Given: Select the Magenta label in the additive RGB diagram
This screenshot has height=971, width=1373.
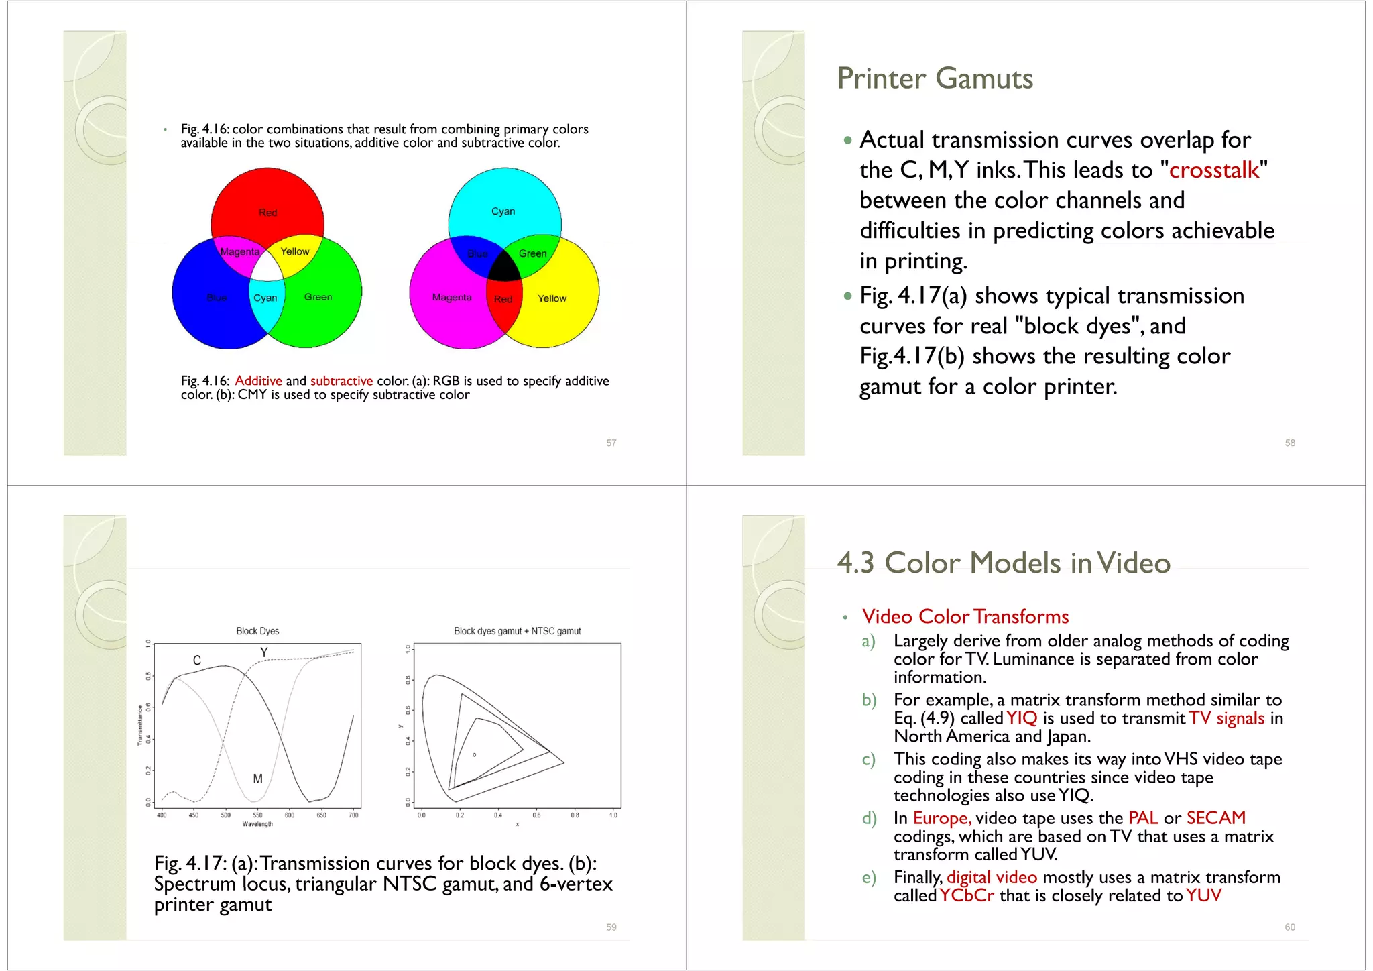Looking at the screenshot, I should [239, 252].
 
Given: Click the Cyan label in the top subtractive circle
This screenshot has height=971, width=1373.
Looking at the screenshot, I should [503, 211].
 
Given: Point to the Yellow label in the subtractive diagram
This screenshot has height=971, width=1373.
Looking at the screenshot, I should [552, 298].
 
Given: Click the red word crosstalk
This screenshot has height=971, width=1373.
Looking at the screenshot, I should [1213, 170].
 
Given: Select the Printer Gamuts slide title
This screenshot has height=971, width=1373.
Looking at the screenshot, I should [935, 78].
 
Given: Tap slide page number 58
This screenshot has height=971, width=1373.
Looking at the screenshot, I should [1289, 443].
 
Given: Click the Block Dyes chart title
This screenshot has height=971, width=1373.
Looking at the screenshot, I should [257, 631].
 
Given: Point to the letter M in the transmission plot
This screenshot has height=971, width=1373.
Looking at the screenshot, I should [257, 779].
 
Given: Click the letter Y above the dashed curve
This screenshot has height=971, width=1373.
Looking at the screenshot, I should [264, 652].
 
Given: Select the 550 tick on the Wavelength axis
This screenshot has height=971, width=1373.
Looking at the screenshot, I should [257, 815].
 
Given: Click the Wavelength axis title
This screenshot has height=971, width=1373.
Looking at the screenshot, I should [257, 824].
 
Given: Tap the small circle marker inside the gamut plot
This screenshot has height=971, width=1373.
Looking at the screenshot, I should [475, 755].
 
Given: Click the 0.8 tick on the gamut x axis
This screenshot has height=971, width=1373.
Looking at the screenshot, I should [575, 815].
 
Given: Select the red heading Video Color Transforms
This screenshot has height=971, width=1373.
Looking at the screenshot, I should [965, 616].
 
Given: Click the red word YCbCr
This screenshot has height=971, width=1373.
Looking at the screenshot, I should [966, 896].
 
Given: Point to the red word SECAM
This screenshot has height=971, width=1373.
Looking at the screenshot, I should [1215, 818].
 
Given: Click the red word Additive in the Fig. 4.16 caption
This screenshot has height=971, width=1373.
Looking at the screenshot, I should [258, 381].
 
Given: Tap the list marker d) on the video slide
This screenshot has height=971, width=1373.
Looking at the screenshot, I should [869, 819].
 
